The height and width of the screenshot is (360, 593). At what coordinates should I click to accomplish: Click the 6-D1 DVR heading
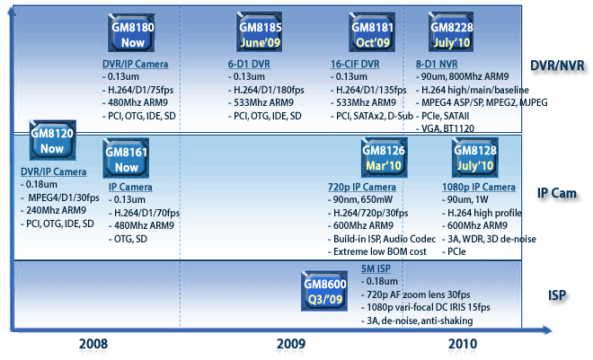tap(248, 66)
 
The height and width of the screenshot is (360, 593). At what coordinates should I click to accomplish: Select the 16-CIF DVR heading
tap(356, 66)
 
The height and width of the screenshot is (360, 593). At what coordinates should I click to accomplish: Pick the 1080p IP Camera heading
tap(480, 187)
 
